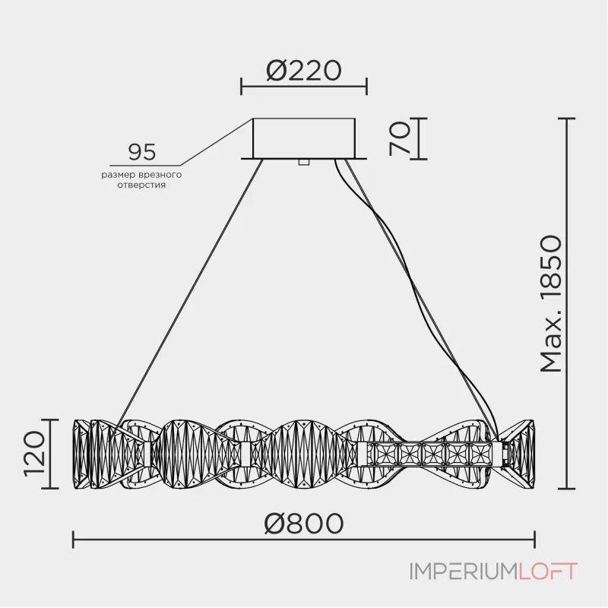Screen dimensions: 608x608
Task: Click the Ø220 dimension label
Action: pyautogui.click(x=303, y=70)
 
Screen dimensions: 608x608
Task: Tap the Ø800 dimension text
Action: pyautogui.click(x=303, y=523)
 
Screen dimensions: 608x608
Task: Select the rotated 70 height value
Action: pyautogui.click(x=400, y=138)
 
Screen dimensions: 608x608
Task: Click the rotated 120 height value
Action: pyautogui.click(x=34, y=454)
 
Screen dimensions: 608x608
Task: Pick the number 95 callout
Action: pyautogui.click(x=141, y=152)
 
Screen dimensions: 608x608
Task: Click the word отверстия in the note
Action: pyautogui.click(x=142, y=185)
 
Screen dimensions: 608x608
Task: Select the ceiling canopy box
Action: pyautogui.click(x=304, y=137)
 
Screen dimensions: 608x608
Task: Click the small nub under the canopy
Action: pyautogui.click(x=304, y=161)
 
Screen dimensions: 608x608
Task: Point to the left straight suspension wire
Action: pyautogui.click(x=190, y=289)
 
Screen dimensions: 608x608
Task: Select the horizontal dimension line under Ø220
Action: pyautogui.click(x=303, y=86)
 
